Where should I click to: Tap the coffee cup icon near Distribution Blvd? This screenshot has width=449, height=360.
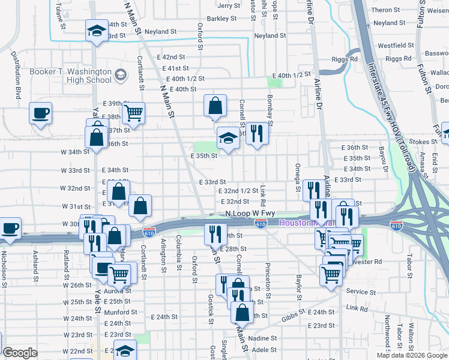coord(41,113)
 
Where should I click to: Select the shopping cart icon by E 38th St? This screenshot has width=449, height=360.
coord(133,112)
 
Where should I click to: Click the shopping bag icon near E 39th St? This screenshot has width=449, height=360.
coord(215,106)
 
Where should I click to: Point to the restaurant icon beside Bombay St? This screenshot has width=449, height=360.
coord(257,134)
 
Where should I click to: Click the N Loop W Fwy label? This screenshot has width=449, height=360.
coord(246,214)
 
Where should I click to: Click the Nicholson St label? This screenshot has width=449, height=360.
coord(4,264)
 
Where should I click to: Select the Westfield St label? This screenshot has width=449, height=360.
coord(393,46)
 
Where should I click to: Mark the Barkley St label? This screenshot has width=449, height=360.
coord(221,19)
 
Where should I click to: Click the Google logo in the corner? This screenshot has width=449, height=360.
coord(20,353)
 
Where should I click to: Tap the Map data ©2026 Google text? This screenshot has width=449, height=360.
coord(412,355)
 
